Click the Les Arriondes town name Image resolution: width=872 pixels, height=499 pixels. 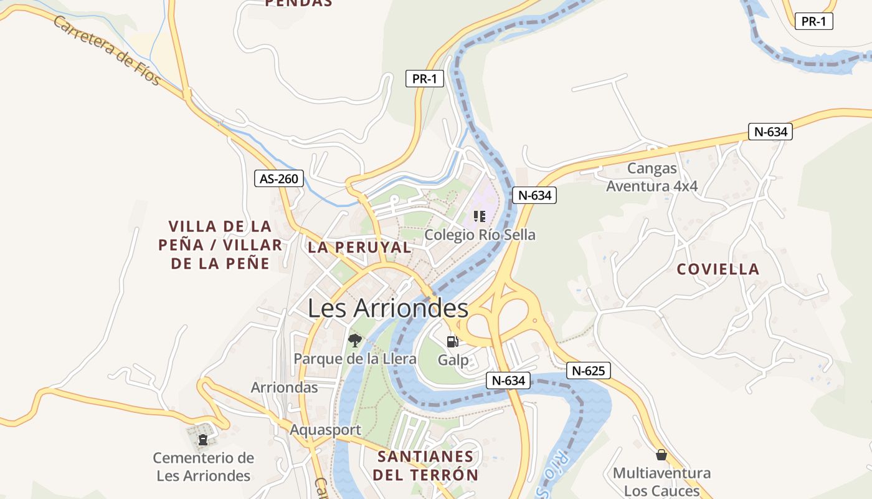pyautogui.click(x=388, y=308)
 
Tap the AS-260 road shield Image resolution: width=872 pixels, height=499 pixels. pyautogui.click(x=279, y=178)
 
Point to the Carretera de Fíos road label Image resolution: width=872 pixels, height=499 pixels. pyautogui.click(x=107, y=51)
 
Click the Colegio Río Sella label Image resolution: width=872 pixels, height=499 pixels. pyautogui.click(x=480, y=235)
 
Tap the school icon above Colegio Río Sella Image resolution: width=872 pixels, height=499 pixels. pyautogui.click(x=479, y=216)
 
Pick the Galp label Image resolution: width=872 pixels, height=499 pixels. pyautogui.click(x=453, y=360)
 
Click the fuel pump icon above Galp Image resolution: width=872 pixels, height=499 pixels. pyautogui.click(x=453, y=341)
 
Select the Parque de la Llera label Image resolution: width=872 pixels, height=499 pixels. pyautogui.click(x=355, y=359)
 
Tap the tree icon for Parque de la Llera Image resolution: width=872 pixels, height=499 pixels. pyautogui.click(x=354, y=340)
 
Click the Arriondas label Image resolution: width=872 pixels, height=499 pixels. pyautogui.click(x=284, y=387)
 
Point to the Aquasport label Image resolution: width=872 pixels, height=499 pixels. pyautogui.click(x=325, y=430)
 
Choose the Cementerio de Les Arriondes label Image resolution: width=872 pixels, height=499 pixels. pyautogui.click(x=203, y=467)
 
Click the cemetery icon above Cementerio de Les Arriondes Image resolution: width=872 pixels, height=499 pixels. pyautogui.click(x=202, y=440)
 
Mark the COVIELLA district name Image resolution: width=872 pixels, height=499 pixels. pyautogui.click(x=718, y=269)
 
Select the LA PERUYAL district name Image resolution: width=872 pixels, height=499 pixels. pyautogui.click(x=359, y=247)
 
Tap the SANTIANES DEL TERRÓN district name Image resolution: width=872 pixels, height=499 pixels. pyautogui.click(x=426, y=465)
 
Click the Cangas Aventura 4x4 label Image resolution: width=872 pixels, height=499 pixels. pyautogui.click(x=652, y=177)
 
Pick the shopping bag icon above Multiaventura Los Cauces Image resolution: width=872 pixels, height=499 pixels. pyautogui.click(x=661, y=455)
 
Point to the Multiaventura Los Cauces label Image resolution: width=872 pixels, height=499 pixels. pyautogui.click(x=661, y=482)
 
